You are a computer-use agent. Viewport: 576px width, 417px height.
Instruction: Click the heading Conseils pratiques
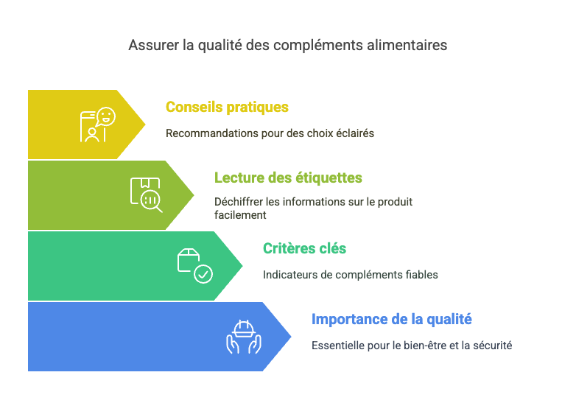click(x=227, y=108)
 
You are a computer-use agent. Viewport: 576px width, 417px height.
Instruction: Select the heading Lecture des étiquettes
click(x=288, y=178)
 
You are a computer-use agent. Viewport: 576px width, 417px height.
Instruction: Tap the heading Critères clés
click(x=304, y=248)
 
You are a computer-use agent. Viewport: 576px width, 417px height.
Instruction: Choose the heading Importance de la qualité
click(x=392, y=319)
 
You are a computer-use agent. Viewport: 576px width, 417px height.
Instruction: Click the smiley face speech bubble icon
click(x=106, y=117)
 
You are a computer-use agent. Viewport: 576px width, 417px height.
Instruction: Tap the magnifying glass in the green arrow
click(x=151, y=200)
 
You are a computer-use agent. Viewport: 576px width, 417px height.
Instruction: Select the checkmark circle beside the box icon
click(x=203, y=274)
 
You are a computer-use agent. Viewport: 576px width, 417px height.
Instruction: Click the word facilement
click(x=240, y=215)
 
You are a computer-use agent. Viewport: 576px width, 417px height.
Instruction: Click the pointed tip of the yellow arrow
click(x=145, y=125)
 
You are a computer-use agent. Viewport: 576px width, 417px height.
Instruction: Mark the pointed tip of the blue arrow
click(x=291, y=336)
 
